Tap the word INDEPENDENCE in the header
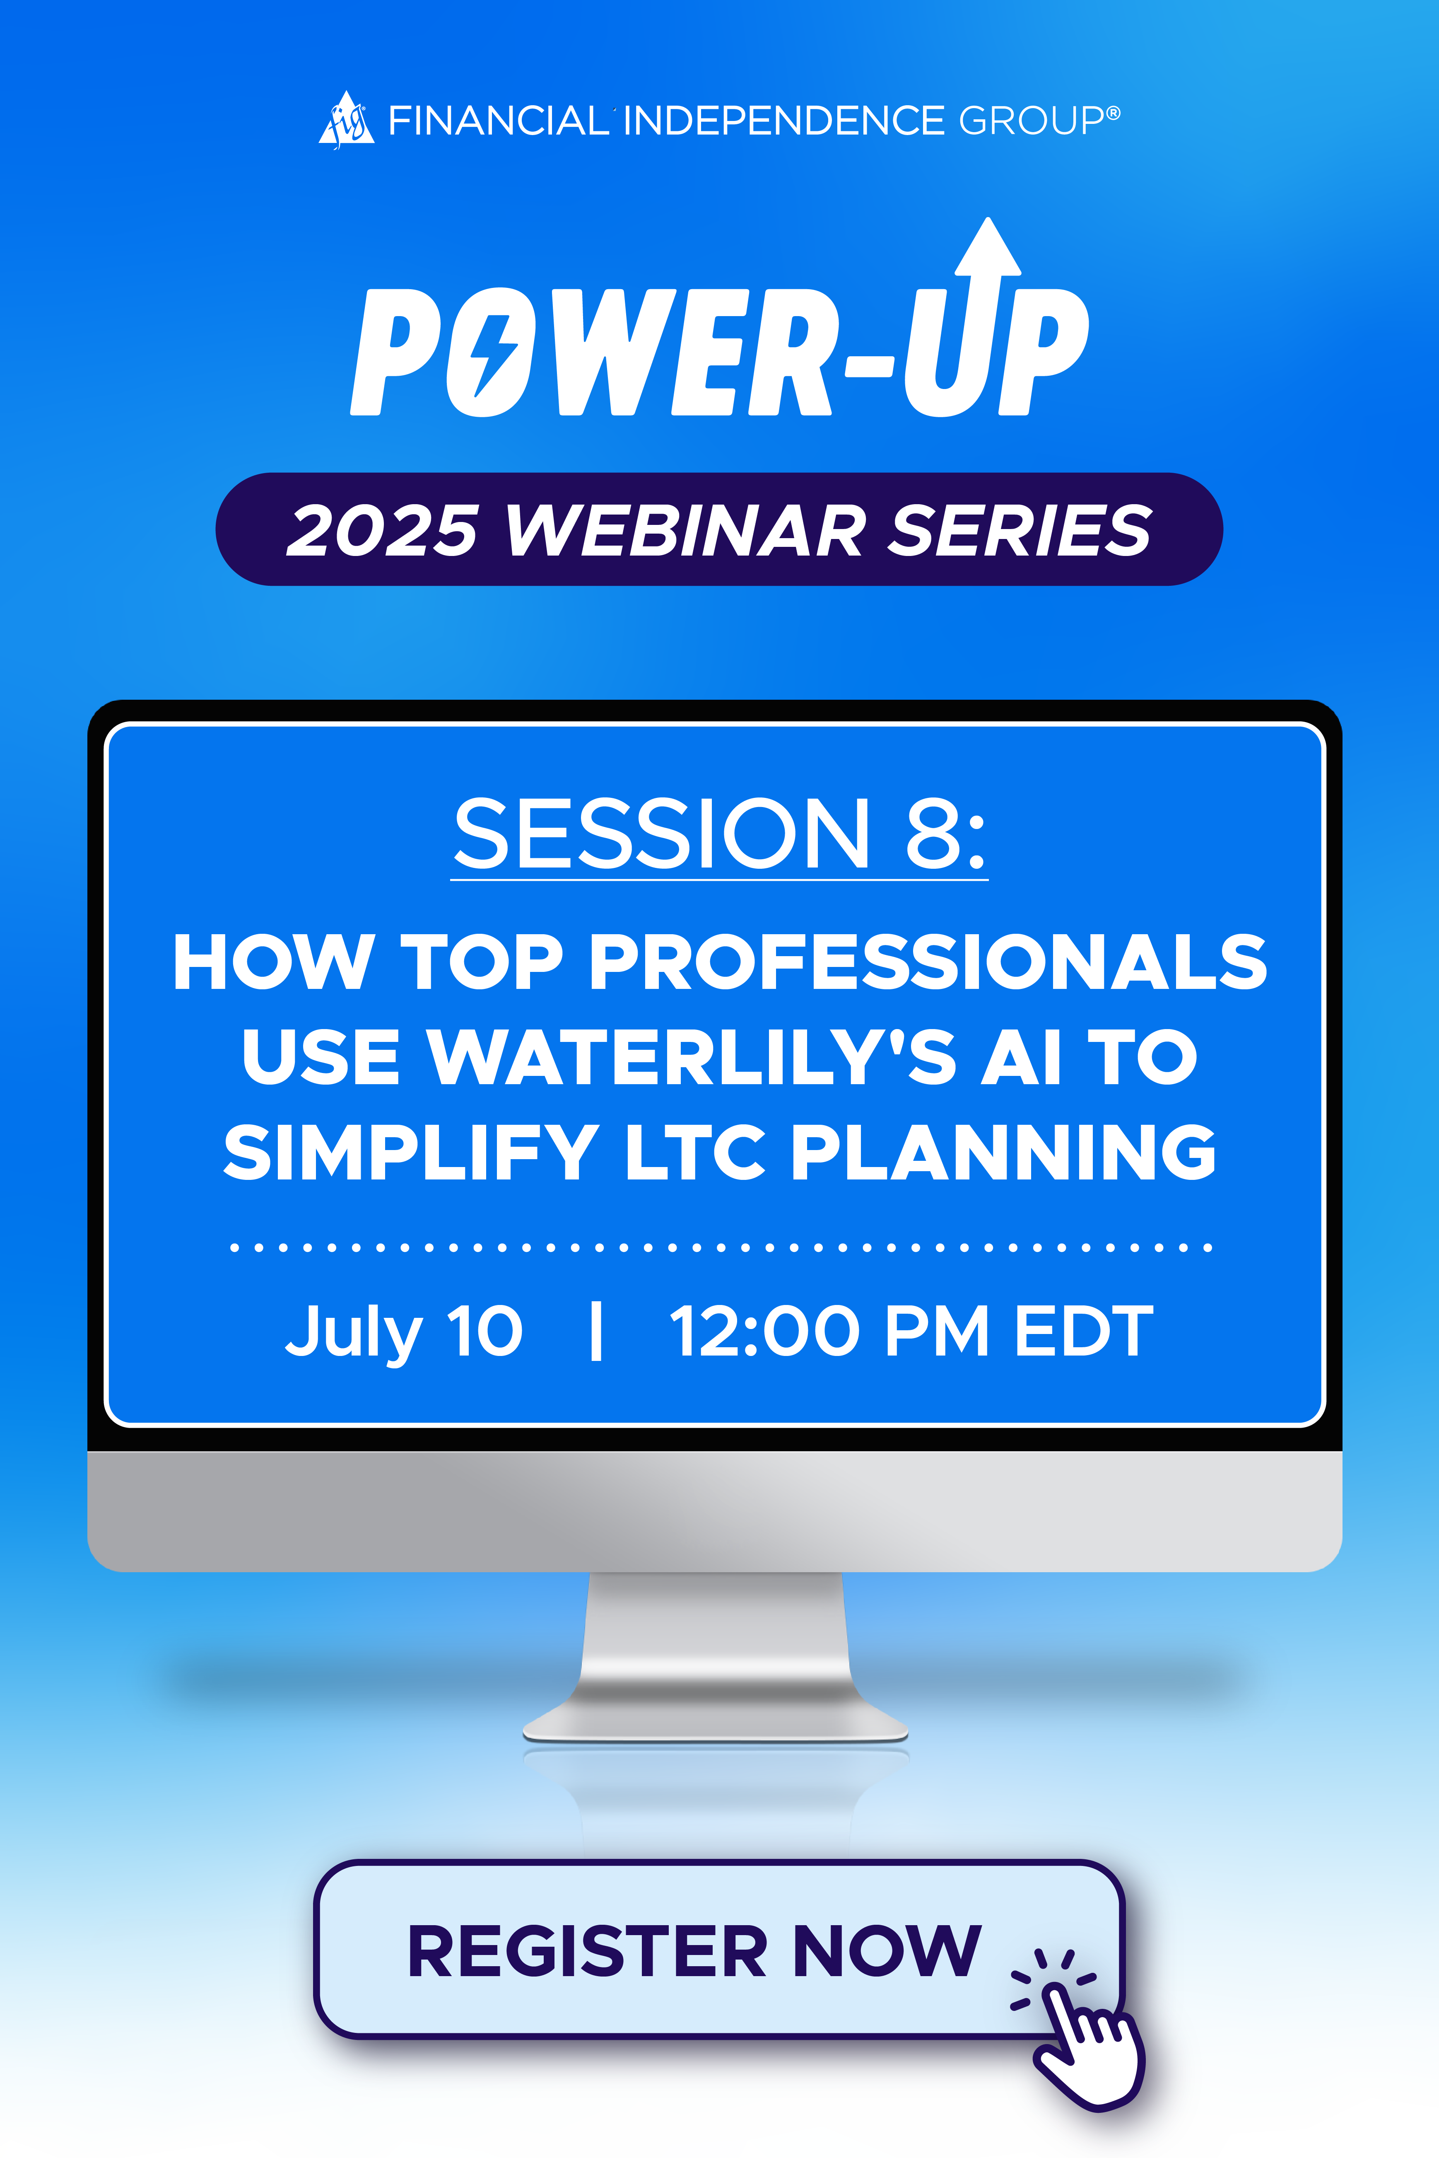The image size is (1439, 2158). point(785,120)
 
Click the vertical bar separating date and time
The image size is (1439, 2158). point(597,1331)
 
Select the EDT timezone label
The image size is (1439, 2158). point(1084,1331)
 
